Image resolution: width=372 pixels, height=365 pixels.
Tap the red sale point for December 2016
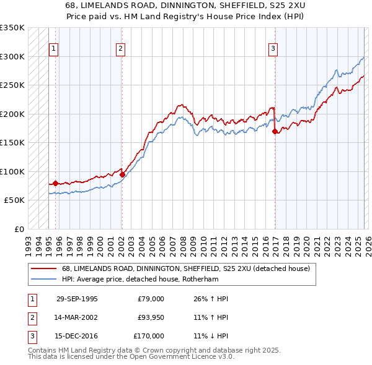coord(274,131)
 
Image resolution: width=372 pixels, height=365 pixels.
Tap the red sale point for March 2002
coord(122,175)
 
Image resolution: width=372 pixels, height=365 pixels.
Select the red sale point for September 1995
coord(55,183)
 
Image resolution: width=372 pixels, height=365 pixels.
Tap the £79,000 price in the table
coord(151,299)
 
